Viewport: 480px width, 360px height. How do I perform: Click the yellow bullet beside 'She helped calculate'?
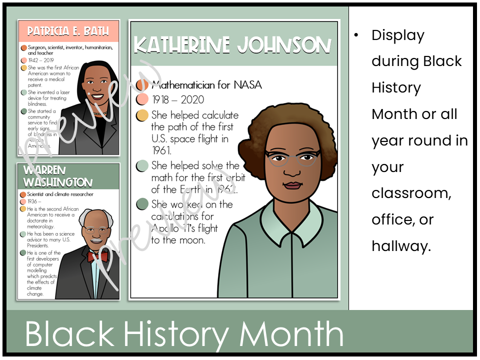(142, 116)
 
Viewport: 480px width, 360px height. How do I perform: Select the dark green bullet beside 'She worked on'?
(142, 204)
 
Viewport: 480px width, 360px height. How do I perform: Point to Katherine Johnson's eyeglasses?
(292, 158)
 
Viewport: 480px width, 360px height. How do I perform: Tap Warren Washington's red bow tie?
(98, 256)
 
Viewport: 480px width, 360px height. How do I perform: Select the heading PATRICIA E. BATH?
(69, 31)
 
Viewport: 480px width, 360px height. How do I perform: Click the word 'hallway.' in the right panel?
(401, 246)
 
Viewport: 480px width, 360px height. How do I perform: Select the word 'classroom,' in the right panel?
(411, 193)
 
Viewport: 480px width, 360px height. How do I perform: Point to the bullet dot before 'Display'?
(356, 35)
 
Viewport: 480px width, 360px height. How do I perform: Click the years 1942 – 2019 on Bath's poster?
(41, 60)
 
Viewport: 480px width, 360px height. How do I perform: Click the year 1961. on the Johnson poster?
(161, 150)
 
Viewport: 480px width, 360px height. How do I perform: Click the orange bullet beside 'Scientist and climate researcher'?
(23, 194)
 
